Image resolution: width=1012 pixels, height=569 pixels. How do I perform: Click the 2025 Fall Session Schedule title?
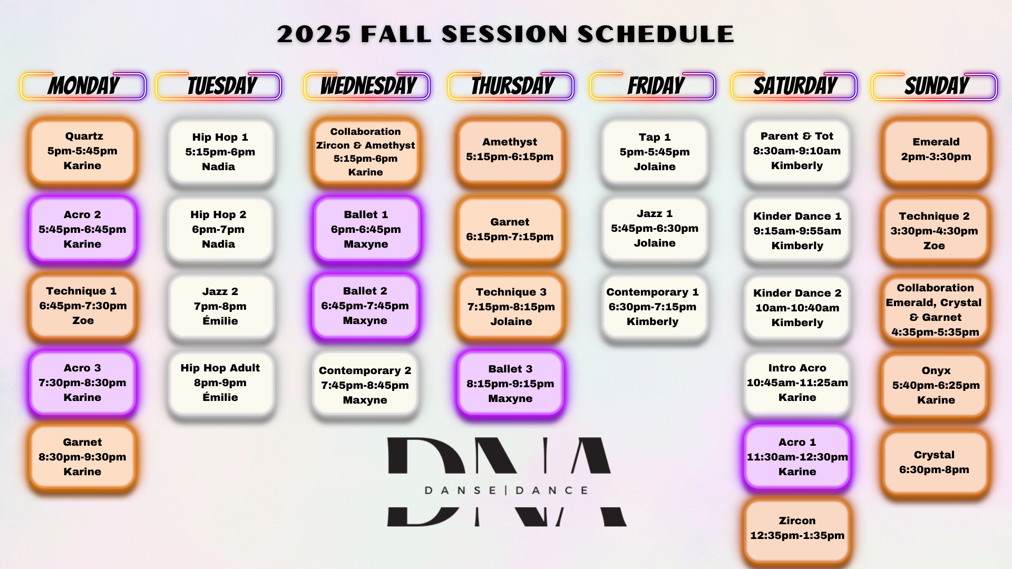(x=505, y=34)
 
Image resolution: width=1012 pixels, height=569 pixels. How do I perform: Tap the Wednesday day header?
(x=367, y=86)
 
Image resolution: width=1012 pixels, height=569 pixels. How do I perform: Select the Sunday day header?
(x=935, y=86)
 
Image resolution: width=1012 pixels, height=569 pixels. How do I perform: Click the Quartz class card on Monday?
(x=83, y=151)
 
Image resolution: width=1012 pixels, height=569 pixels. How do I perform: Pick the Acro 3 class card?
(x=83, y=383)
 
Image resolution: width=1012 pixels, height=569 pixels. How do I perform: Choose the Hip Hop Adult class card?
(x=221, y=383)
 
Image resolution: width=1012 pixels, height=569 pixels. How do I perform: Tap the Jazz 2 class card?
(x=221, y=306)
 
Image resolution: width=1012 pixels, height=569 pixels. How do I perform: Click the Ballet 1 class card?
(x=366, y=229)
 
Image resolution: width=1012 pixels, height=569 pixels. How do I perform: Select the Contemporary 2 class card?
(x=365, y=385)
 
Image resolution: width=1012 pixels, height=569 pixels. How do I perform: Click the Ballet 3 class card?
(x=510, y=384)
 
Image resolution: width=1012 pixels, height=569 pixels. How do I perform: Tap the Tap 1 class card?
(x=655, y=151)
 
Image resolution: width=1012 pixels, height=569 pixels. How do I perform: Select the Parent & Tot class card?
(x=797, y=151)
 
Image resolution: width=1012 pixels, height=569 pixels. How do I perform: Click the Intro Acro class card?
(x=797, y=383)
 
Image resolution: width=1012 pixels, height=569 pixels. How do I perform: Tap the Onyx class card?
(x=935, y=385)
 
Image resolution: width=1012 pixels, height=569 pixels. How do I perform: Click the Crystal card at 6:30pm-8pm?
(x=935, y=462)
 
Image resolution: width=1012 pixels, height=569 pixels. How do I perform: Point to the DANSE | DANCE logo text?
(x=506, y=490)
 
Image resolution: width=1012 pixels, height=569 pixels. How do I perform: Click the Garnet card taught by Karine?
(x=83, y=457)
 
